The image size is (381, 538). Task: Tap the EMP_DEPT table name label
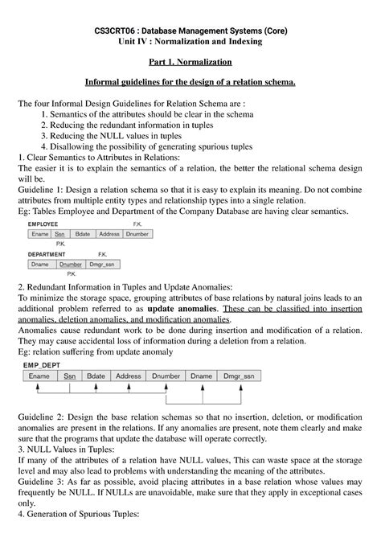(46, 363)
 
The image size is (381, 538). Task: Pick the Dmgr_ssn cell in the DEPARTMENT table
(102, 264)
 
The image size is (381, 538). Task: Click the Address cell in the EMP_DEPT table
(128, 376)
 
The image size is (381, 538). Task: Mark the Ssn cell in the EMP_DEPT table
(70, 376)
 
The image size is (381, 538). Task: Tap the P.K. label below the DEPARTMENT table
(72, 273)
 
